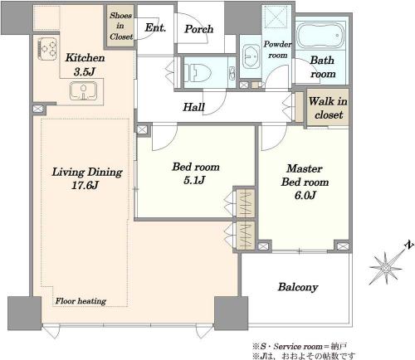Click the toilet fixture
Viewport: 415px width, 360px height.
(x=198, y=72)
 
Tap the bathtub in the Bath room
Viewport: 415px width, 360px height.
(x=320, y=36)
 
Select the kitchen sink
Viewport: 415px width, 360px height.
(x=83, y=91)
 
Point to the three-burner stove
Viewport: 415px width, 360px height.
(x=47, y=49)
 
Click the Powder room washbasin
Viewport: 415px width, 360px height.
(x=251, y=58)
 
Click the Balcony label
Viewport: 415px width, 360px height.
(x=298, y=287)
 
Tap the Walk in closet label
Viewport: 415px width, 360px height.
(x=328, y=108)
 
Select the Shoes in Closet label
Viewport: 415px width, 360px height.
(x=120, y=26)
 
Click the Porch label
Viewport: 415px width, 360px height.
(x=199, y=29)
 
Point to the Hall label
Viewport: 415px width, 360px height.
(x=193, y=107)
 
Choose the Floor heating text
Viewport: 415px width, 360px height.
(x=81, y=301)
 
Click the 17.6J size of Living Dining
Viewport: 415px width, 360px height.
(x=85, y=185)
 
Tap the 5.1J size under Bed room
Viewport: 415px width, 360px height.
(x=194, y=180)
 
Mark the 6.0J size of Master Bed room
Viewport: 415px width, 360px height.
(x=305, y=196)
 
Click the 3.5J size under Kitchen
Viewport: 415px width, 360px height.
(x=85, y=72)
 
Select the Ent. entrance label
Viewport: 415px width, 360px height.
(x=155, y=27)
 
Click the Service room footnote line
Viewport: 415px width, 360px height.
(x=300, y=347)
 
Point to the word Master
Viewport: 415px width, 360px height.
(x=305, y=168)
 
